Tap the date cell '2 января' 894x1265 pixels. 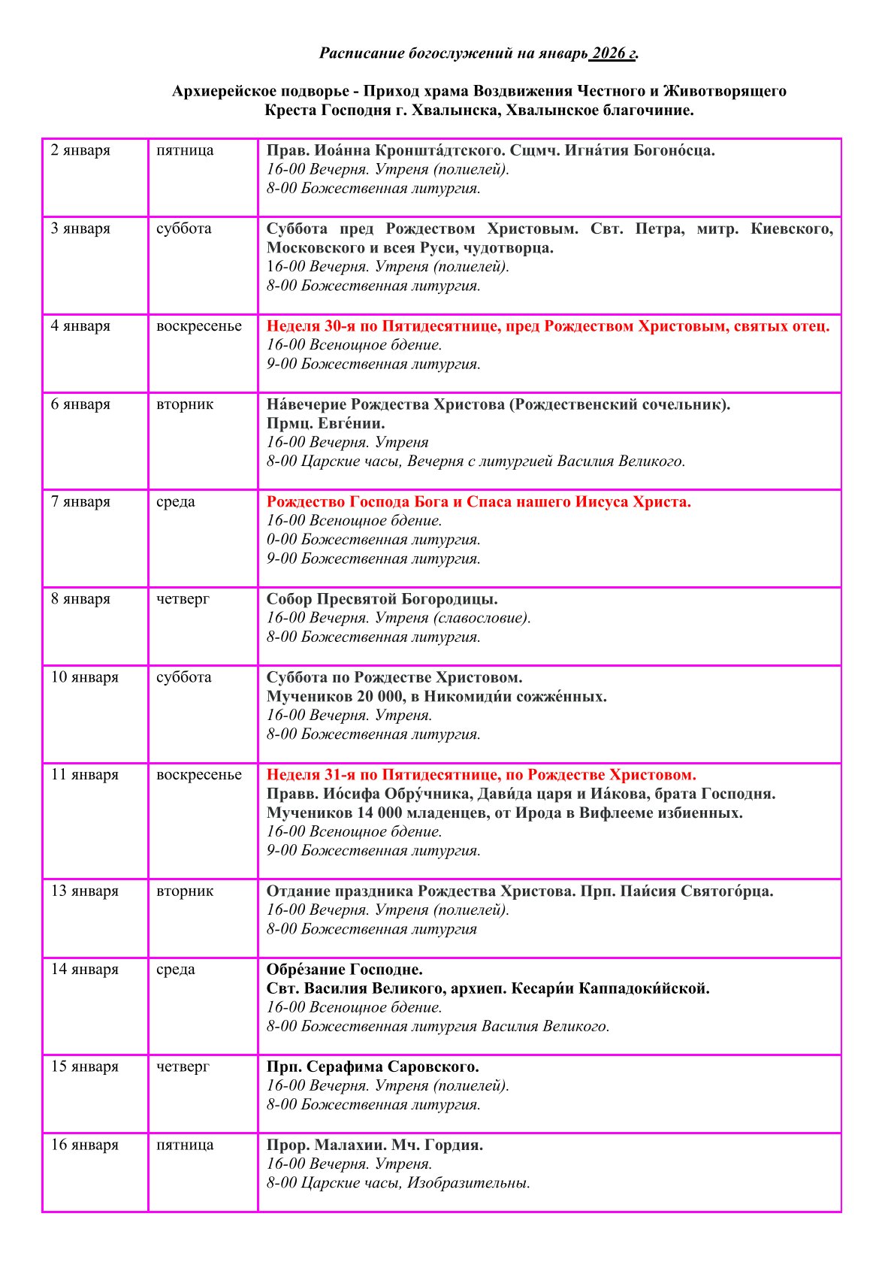80,150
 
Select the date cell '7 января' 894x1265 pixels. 80,501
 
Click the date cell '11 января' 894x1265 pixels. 84,774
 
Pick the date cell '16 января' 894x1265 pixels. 84,1145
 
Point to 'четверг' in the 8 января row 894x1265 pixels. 183,599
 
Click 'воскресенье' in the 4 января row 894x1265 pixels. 199,326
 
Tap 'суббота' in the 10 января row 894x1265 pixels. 184,677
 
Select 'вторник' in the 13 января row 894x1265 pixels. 185,891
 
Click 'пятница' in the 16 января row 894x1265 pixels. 185,1145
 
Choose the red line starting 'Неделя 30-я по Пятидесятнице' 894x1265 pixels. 548,326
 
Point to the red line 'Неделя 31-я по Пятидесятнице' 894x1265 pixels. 481,775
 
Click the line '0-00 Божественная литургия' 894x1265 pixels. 373,540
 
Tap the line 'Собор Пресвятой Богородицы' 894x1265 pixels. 382,599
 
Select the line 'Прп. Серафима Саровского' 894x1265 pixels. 373,1067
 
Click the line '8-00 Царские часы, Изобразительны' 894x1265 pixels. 398,1183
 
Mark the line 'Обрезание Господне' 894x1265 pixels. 344,969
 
